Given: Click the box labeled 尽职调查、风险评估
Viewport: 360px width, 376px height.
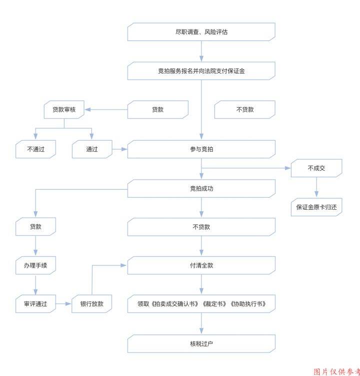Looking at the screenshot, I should tap(201, 32).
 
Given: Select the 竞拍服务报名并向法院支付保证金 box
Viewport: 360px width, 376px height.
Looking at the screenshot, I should tap(201, 71).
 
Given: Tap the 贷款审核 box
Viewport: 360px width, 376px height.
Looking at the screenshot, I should tap(64, 110).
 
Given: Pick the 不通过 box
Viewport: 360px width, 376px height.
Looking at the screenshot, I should tap(35, 149).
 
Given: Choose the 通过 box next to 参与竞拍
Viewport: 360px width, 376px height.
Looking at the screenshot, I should tap(92, 149).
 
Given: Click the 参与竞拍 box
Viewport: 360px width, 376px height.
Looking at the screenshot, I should tap(201, 149).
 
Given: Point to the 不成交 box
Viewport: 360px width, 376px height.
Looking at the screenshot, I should tap(316, 168).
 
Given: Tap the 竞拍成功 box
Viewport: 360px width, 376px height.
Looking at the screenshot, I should tap(201, 189).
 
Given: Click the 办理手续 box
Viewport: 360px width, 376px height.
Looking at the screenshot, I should tap(35, 265).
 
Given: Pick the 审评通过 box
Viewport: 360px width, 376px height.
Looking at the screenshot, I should tap(35, 304).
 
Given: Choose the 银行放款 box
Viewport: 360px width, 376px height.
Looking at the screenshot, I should tap(92, 304).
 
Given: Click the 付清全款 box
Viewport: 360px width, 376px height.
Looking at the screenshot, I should tap(201, 265).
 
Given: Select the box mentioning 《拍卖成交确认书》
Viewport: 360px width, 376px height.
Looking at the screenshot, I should tap(201, 304).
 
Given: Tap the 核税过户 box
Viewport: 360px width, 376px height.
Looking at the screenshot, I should tap(201, 343).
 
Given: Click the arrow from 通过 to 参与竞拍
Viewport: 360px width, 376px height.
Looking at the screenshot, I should tap(119, 149).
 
